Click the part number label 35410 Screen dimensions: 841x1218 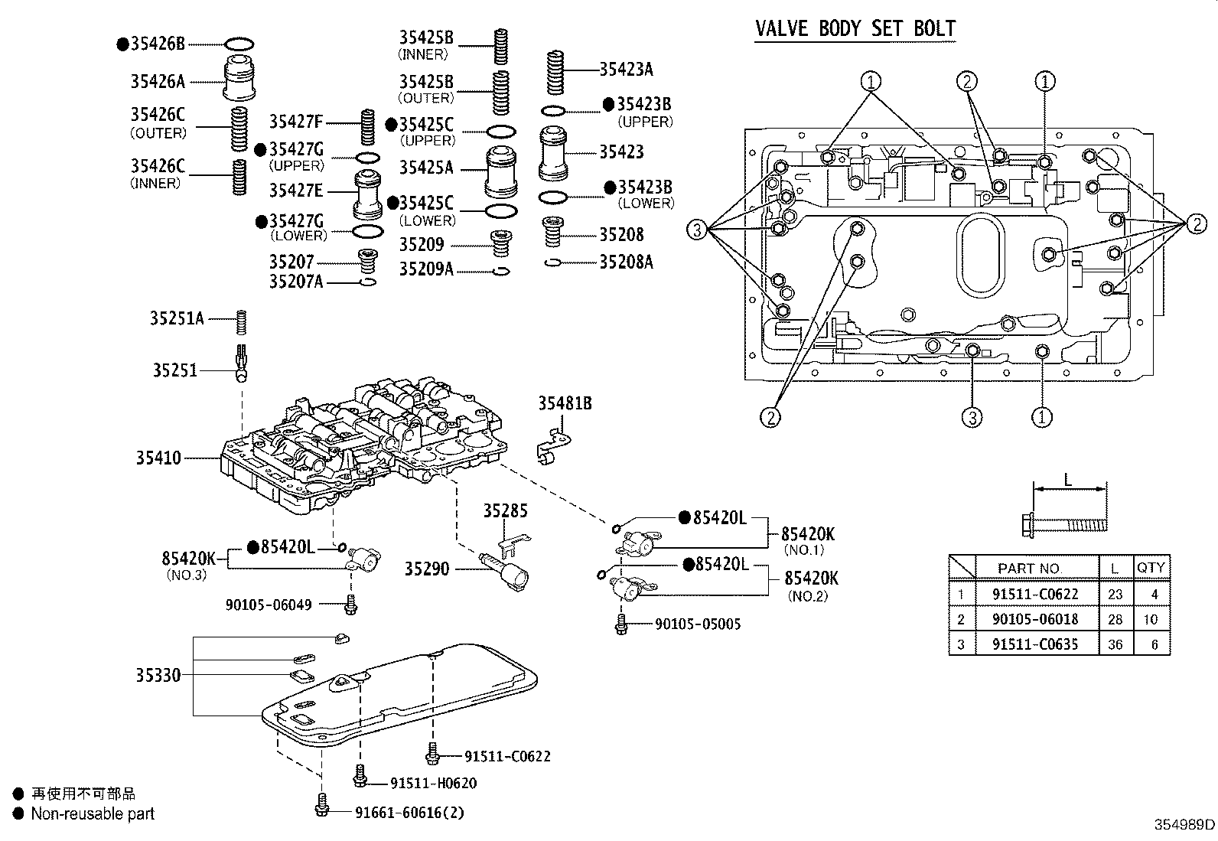coord(158,458)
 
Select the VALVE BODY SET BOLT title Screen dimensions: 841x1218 coord(855,29)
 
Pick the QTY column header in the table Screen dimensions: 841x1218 coord(1150,567)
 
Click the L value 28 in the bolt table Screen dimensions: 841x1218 coord(1114,619)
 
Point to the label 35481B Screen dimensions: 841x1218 coord(565,403)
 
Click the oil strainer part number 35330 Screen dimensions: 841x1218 coord(158,675)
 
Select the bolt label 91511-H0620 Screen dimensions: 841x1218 coord(433,783)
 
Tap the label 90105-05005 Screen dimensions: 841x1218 coord(698,624)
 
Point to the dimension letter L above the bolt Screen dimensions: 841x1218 coord(1068,481)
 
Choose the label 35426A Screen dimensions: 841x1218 coord(158,81)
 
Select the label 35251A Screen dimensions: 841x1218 coord(177,318)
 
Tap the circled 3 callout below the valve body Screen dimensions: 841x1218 coord(972,417)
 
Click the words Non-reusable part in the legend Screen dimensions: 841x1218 coord(92,814)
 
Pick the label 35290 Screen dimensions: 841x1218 coord(427,569)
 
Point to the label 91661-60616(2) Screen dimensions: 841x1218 coord(409,813)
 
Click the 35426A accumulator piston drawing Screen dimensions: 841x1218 coord(239,79)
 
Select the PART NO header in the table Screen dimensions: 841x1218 coord(1027,568)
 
